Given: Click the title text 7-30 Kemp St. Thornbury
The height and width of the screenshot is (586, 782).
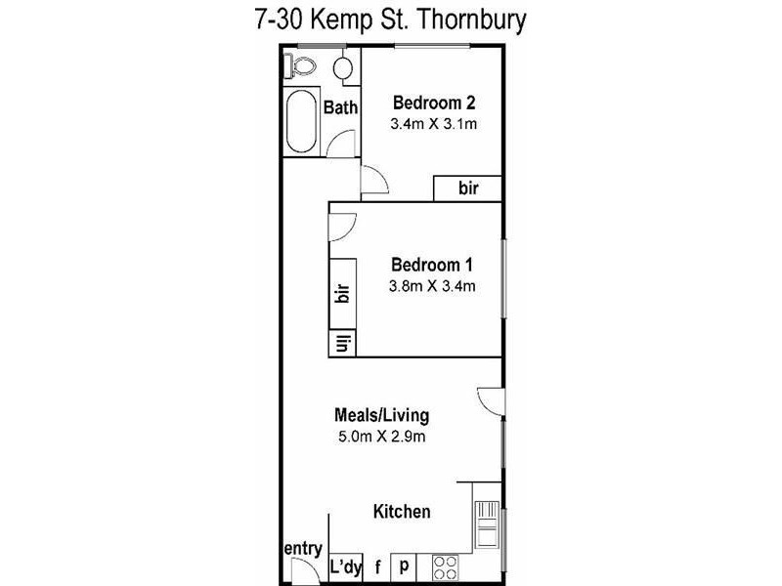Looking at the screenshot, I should point(391,19).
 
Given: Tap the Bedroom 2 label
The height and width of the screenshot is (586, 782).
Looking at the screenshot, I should point(433,104).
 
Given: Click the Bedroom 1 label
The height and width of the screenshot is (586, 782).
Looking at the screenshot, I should point(432,265).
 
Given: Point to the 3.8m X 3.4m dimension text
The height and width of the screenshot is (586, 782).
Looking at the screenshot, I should point(432,286).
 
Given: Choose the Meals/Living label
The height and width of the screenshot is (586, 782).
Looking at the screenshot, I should point(380,415).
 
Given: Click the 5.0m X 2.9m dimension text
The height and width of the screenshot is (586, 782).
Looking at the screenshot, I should point(380,437).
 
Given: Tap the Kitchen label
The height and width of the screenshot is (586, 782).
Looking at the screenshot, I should point(402,512).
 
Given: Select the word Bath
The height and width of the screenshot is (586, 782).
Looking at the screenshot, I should point(340,107).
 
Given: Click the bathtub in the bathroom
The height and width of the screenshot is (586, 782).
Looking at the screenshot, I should point(301,122).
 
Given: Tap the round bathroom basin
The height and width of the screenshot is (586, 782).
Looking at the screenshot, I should point(343,69).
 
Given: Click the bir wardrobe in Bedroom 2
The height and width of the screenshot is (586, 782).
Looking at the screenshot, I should point(468,188).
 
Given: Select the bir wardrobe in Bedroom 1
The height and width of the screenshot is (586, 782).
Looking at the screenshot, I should point(342,295).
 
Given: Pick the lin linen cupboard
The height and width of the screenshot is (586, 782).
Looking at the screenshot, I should point(342,343).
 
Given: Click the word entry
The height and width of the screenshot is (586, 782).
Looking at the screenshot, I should point(303,549).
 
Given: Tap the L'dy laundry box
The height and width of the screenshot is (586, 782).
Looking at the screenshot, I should point(344,566).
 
